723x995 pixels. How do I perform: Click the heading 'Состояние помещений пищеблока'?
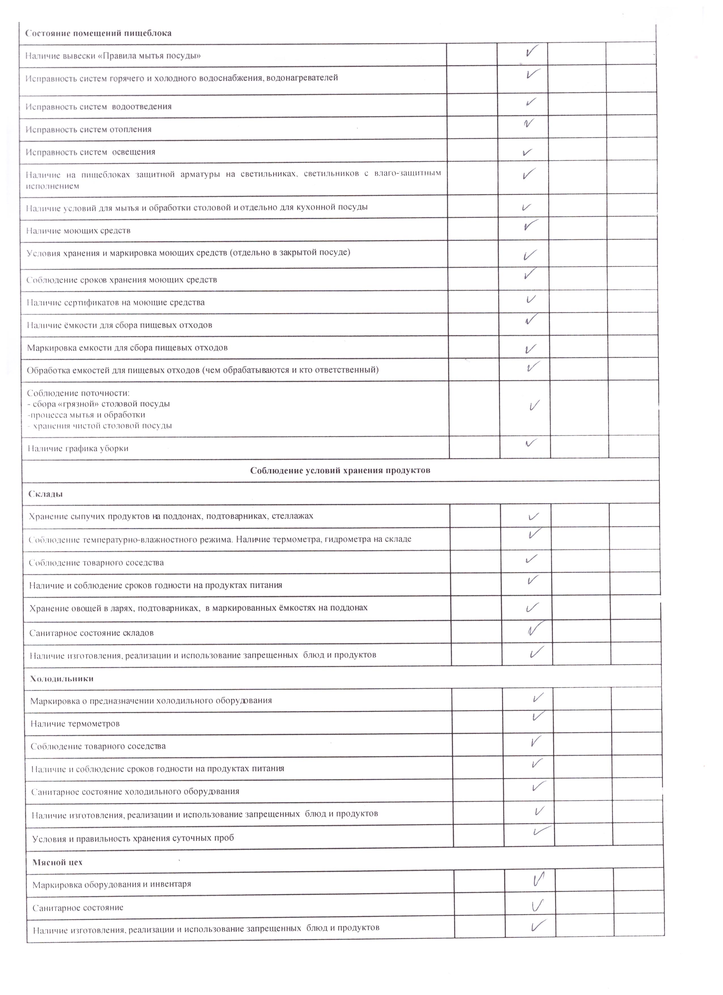tap(98, 33)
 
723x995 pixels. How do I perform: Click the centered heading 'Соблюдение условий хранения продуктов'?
tap(340, 470)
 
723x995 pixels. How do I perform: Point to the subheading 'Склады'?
tap(46, 494)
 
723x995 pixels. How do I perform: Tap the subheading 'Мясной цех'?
tap(58, 862)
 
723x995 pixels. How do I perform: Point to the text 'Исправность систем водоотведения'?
tap(99, 107)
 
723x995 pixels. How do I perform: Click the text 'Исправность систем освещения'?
tap(90, 152)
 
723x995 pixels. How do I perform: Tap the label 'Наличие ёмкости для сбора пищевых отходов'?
tap(120, 325)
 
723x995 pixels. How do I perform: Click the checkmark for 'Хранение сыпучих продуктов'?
tap(533, 516)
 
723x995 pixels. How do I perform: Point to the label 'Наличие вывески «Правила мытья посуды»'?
tap(113, 56)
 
